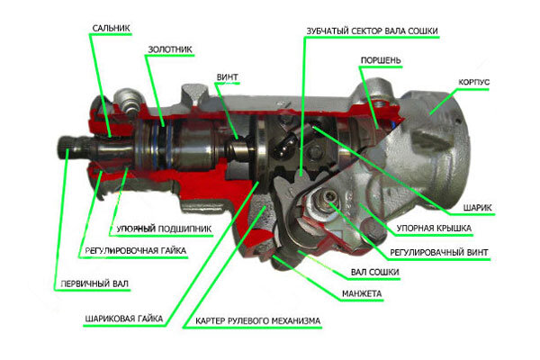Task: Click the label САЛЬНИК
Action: point(111,28)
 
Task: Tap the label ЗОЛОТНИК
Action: point(170,49)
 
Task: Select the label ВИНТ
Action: point(227,77)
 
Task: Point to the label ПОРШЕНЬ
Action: point(381,60)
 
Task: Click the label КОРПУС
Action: point(473,82)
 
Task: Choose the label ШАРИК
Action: point(477,208)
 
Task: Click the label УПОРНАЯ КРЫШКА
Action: point(434,228)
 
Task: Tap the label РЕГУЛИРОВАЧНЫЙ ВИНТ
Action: point(438,253)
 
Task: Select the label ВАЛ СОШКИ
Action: point(374,272)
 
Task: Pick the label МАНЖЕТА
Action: point(362,294)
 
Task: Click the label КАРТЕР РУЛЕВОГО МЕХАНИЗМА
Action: point(258,321)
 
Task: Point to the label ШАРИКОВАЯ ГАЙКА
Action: point(123,319)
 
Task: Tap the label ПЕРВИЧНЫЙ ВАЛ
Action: point(94,283)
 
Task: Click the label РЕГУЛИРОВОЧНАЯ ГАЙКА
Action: point(135,250)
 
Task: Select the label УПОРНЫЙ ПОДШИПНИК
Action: point(164,229)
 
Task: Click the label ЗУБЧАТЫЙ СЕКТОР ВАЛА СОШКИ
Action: point(372,31)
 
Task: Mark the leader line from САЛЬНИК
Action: point(101,85)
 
